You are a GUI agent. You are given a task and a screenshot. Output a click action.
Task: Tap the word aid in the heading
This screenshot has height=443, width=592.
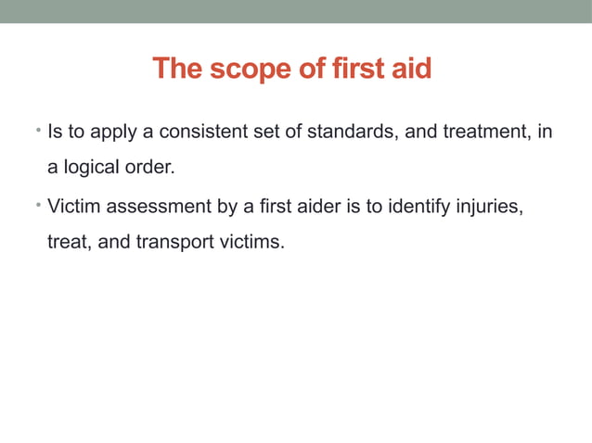tap(411, 69)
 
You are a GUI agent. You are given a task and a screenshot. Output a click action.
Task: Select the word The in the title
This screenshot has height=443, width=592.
tap(175, 69)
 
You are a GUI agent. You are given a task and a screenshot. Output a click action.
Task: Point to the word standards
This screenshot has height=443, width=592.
tap(354, 133)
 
